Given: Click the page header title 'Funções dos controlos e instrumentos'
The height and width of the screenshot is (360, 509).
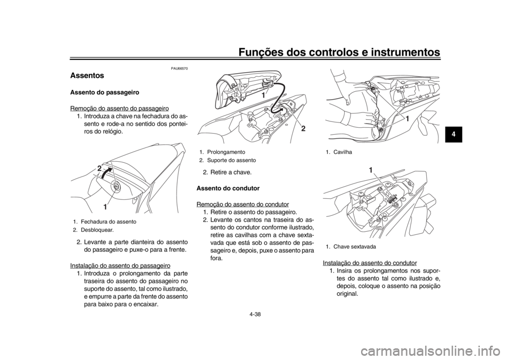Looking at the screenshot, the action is [x=339, y=52].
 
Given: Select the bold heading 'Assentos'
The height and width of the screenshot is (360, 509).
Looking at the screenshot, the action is [x=87, y=76].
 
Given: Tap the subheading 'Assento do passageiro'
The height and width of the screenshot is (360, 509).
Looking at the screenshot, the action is [x=105, y=92].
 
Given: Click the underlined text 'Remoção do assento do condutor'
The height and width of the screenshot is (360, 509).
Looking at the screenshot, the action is [x=243, y=205].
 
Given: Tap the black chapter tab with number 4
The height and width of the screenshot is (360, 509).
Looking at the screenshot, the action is [x=452, y=134].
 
